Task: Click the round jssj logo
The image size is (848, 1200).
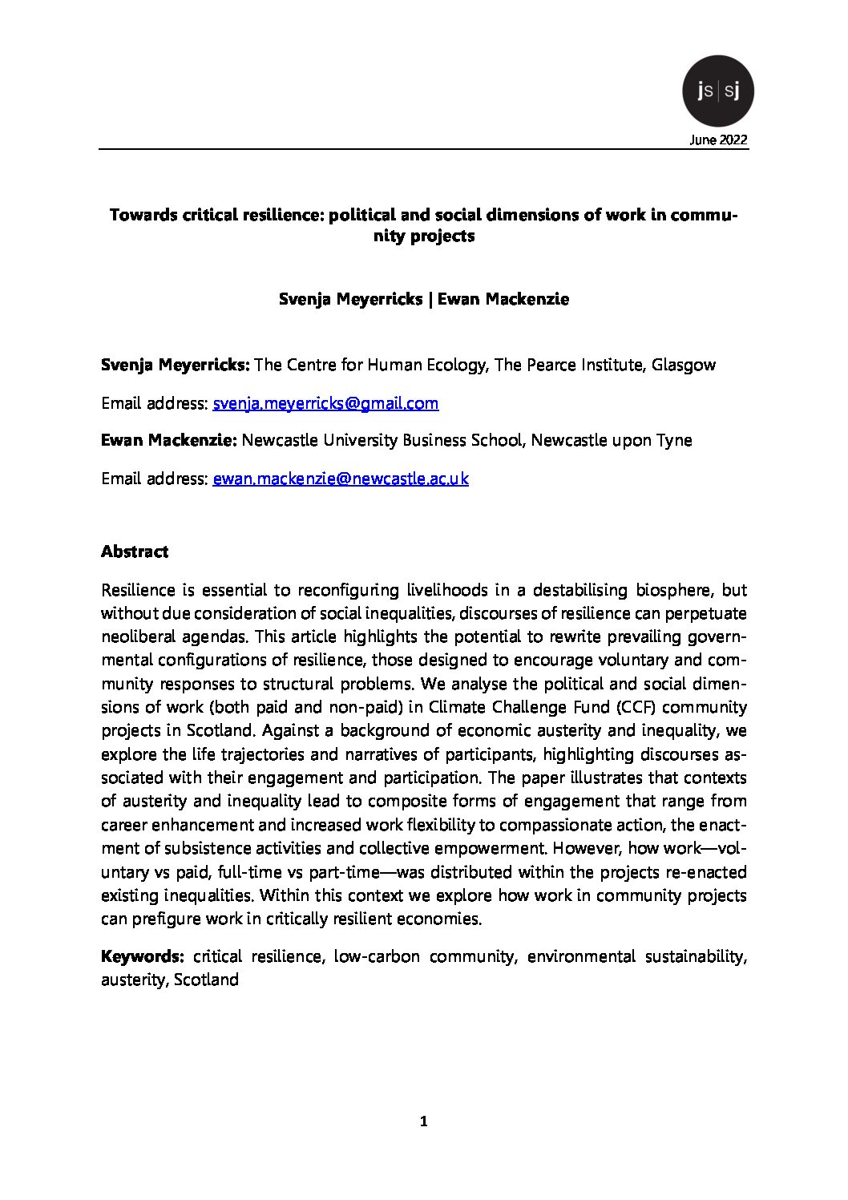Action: tap(717, 91)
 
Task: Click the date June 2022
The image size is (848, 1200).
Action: tap(718, 140)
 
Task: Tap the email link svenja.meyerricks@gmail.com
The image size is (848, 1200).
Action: tap(325, 403)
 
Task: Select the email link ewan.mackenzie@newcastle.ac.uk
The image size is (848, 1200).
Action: tap(340, 479)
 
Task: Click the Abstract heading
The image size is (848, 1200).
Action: tap(135, 552)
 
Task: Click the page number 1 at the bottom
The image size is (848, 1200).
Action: tap(424, 1121)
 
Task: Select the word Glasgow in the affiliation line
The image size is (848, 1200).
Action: tap(684, 366)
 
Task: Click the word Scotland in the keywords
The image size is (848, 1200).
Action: tap(206, 980)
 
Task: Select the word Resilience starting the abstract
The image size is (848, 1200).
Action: tap(138, 590)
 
